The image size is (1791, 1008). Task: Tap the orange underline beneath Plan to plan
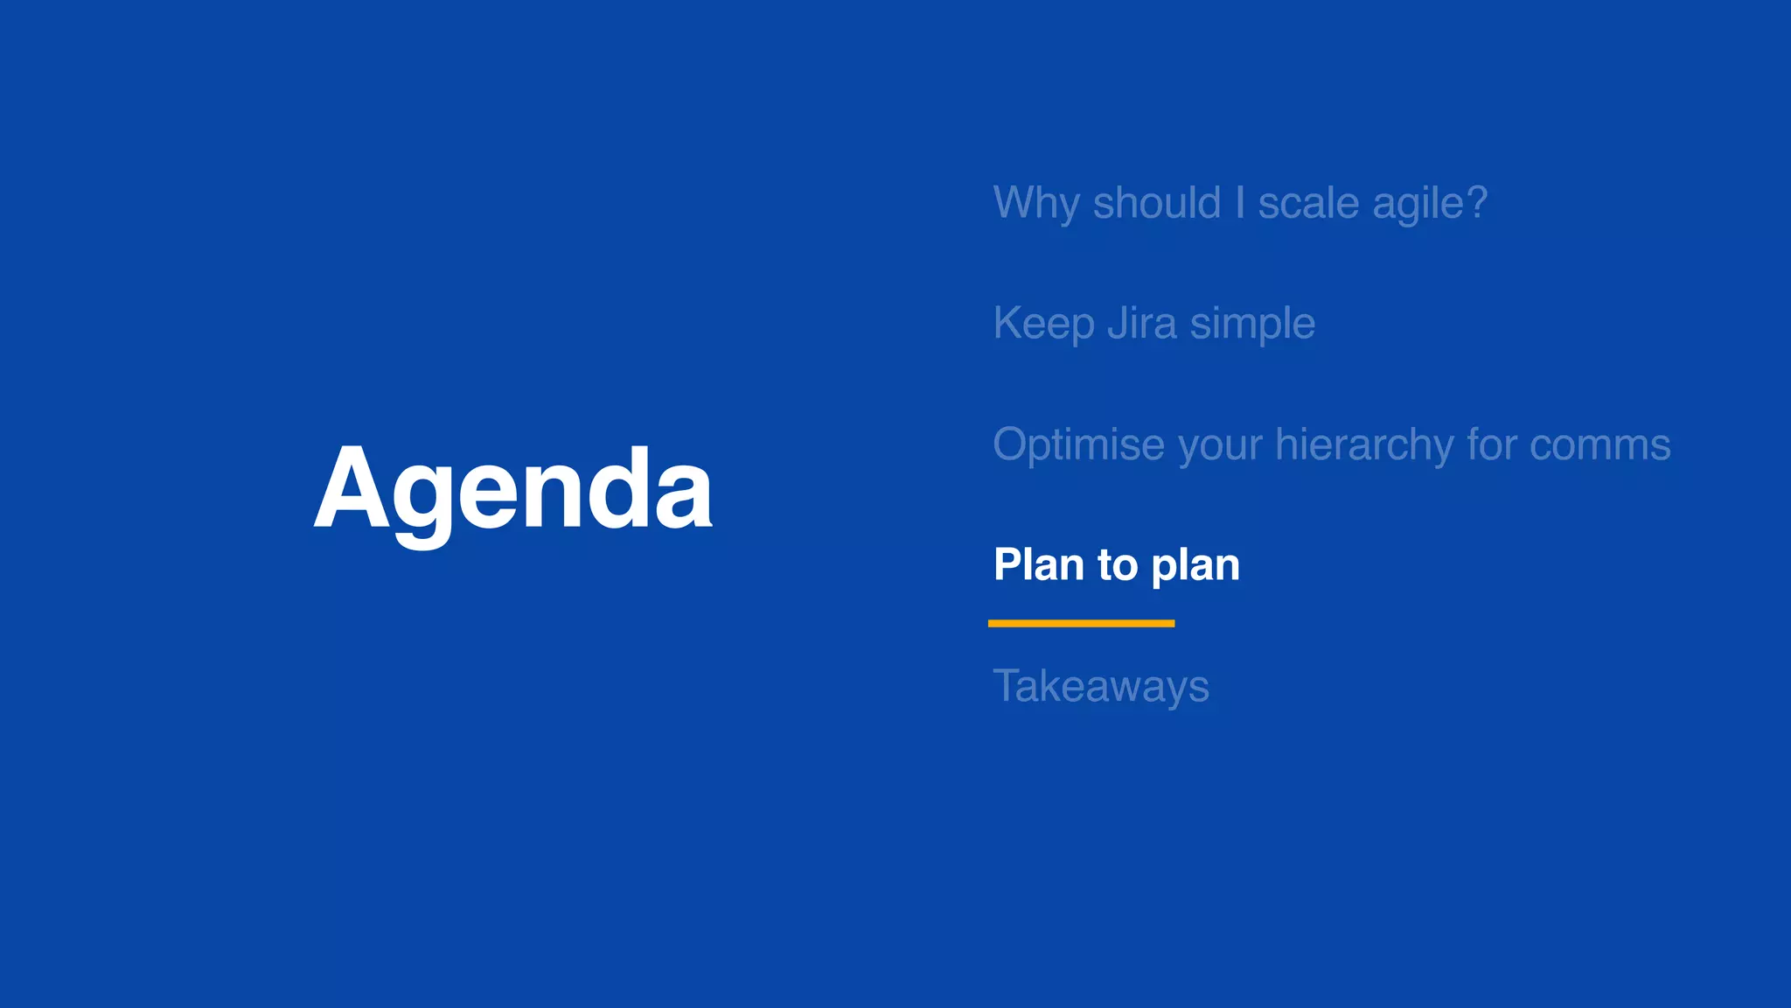(1081, 623)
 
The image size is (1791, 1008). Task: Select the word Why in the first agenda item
(1036, 204)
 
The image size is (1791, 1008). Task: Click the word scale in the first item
(1308, 204)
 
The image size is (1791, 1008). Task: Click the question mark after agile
(1477, 202)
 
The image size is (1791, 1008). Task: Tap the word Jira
(1142, 323)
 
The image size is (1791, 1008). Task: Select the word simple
(1252, 325)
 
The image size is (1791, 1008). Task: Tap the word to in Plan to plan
(1118, 565)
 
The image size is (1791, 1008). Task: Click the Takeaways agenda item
(1101, 686)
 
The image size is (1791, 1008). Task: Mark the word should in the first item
(1156, 204)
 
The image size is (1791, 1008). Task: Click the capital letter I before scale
(1239, 202)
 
